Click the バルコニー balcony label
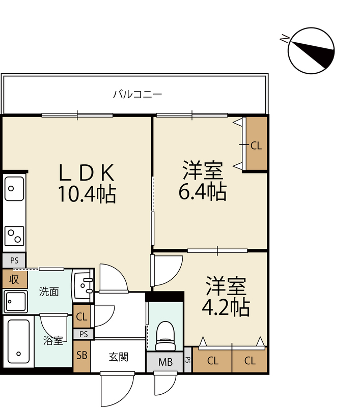click(137, 94)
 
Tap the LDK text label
click(87, 172)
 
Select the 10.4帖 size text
click(87, 194)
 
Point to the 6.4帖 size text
click(203, 192)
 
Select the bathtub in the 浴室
click(18, 341)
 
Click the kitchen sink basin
click(14, 189)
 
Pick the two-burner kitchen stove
click(14, 236)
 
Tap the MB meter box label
click(165, 362)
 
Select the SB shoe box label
click(82, 355)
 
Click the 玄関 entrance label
click(119, 357)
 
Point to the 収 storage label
click(14, 279)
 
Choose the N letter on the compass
click(285, 39)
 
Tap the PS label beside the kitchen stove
click(14, 260)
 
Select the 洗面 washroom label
click(49, 292)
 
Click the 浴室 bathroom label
click(53, 340)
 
